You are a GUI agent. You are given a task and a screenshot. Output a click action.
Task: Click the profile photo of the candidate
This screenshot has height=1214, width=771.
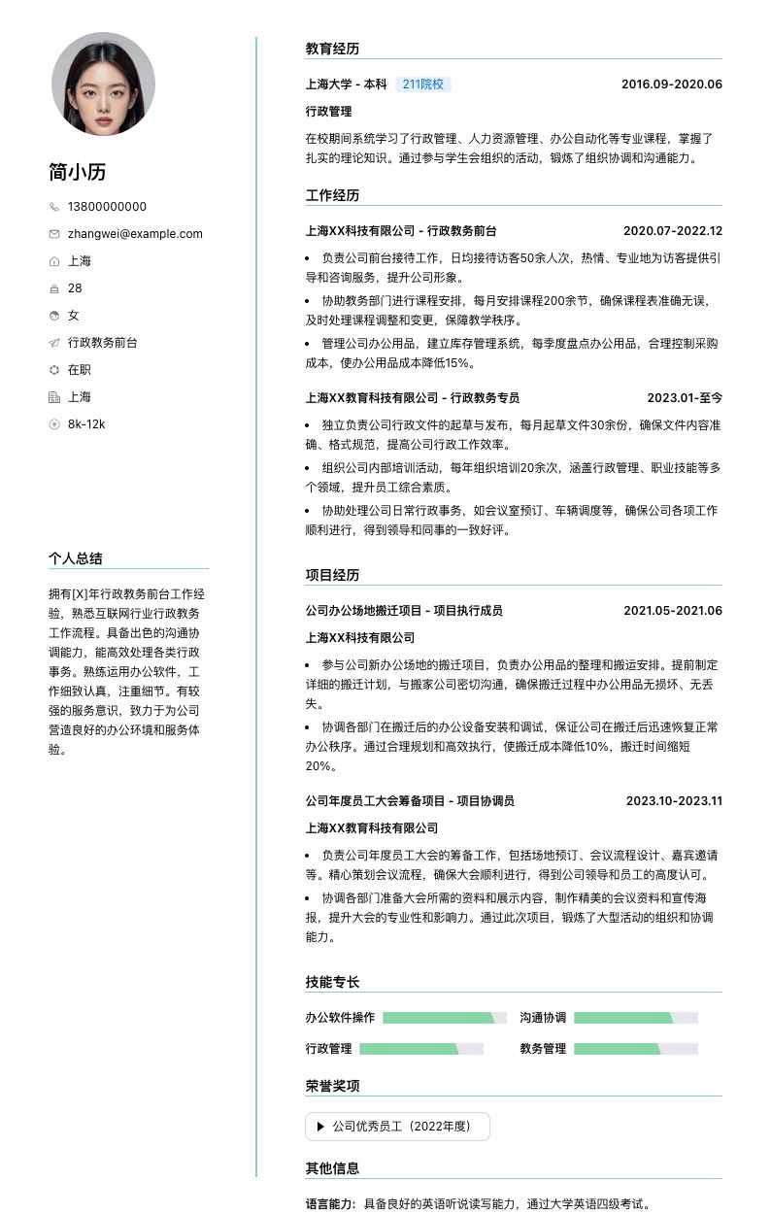(x=103, y=84)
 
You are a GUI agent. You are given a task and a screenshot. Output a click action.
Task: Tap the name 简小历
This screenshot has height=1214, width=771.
(x=78, y=173)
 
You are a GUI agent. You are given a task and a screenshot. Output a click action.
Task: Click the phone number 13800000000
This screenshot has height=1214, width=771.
(x=107, y=207)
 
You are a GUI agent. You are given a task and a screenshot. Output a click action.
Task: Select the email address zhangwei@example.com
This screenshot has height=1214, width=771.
(x=135, y=234)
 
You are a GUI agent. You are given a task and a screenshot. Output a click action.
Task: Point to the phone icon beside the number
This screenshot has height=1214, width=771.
(x=54, y=207)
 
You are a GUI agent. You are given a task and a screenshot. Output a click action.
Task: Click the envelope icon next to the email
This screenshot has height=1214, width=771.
(x=54, y=234)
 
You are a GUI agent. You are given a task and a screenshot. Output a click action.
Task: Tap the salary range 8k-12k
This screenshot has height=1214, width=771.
(x=86, y=424)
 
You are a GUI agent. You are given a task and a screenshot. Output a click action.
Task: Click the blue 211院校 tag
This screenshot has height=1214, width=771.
(x=422, y=84)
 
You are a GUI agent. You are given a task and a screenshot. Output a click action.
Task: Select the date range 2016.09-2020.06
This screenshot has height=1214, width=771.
(x=672, y=84)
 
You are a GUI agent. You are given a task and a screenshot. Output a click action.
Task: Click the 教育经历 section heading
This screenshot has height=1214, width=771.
(x=332, y=49)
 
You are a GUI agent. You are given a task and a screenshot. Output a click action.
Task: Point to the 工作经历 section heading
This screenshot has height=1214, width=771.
(x=332, y=195)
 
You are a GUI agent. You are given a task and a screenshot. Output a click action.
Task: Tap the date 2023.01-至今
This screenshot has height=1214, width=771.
(x=685, y=398)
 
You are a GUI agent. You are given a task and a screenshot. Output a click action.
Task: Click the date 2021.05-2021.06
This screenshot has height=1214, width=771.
(x=673, y=611)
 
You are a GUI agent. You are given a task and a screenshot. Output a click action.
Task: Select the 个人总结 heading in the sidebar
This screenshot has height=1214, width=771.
(x=76, y=558)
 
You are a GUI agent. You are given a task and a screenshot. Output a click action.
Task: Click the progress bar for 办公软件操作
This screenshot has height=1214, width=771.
(x=445, y=1018)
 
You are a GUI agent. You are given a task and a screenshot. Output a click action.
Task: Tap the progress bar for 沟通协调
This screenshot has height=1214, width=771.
(x=636, y=1018)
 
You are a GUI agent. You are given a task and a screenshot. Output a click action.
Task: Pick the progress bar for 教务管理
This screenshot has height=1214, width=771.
(x=636, y=1049)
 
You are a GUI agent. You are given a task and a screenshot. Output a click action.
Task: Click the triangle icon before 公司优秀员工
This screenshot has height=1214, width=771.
(x=319, y=1127)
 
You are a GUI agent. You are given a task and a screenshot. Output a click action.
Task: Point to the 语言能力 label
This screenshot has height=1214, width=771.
(x=330, y=1204)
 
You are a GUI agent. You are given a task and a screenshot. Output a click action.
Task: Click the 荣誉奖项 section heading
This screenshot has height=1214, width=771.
(x=332, y=1086)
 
